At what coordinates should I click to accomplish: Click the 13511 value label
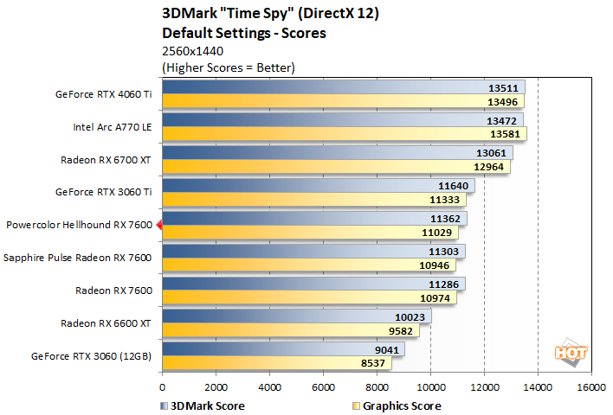pyautogui.click(x=503, y=87)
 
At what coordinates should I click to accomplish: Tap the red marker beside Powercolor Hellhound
pyautogui.click(x=158, y=225)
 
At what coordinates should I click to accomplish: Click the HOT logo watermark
pyautogui.click(x=566, y=353)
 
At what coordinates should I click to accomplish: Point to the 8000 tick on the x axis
pyautogui.click(x=377, y=387)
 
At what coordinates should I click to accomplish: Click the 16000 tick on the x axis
pyautogui.click(x=590, y=387)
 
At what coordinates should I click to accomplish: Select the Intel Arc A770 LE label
pyautogui.click(x=113, y=126)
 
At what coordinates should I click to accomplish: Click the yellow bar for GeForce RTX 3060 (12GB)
pyautogui.click(x=277, y=363)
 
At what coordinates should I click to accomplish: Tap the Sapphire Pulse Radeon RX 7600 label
pyautogui.click(x=78, y=258)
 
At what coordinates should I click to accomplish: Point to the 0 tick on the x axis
pyautogui.click(x=162, y=387)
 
